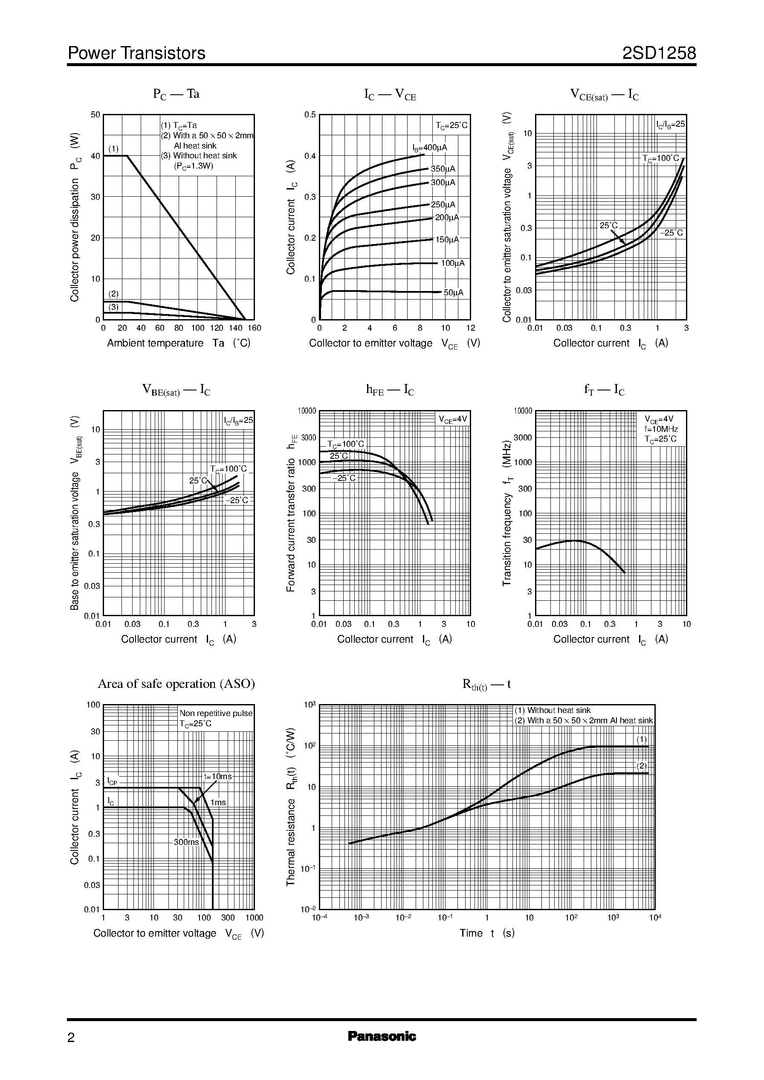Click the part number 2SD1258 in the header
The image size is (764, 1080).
pyautogui.click(x=659, y=53)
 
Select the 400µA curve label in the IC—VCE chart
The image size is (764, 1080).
pyautogui.click(x=430, y=148)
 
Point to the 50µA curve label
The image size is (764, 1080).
pyautogui.click(x=454, y=293)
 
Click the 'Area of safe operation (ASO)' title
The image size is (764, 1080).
pyautogui.click(x=176, y=684)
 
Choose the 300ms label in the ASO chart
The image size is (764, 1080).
pyautogui.click(x=186, y=842)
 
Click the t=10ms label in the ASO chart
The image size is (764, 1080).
pyautogui.click(x=217, y=776)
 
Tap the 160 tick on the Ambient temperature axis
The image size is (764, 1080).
pyautogui.click(x=254, y=328)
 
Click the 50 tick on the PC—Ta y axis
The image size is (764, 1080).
pyautogui.click(x=95, y=115)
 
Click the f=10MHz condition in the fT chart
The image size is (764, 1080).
pyautogui.click(x=661, y=429)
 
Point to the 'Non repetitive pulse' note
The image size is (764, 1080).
pyautogui.click(x=216, y=713)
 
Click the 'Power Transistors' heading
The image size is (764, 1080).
pyautogui.click(x=136, y=53)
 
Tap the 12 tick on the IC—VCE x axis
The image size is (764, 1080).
pyautogui.click(x=470, y=328)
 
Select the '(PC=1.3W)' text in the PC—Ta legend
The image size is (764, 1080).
pyautogui.click(x=194, y=166)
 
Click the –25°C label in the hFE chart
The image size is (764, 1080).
pyautogui.click(x=344, y=478)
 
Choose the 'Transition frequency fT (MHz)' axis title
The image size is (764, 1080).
pyautogui.click(x=506, y=513)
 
